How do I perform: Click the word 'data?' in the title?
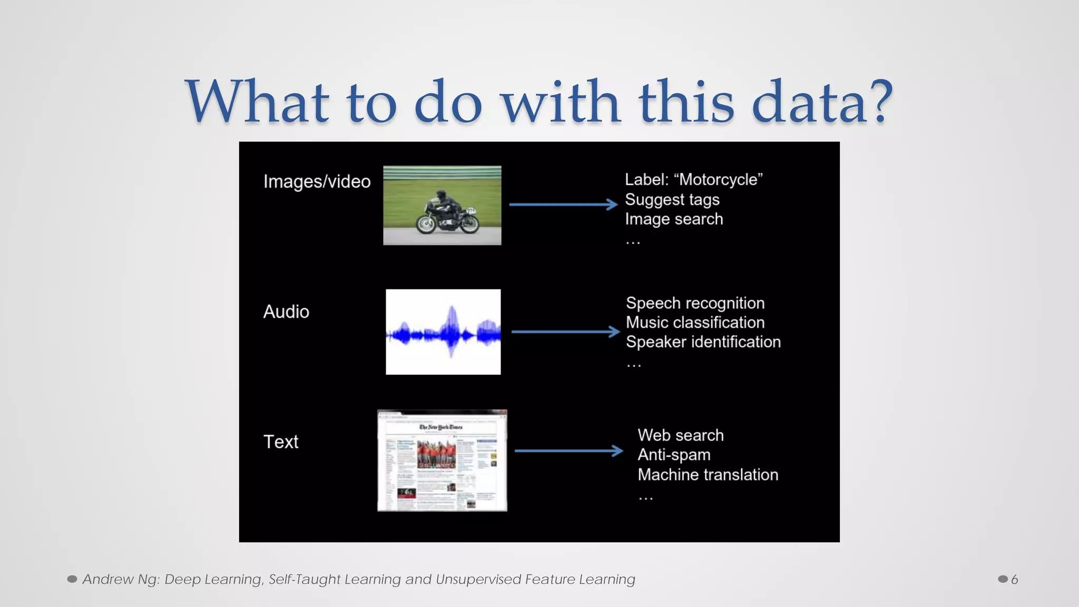click(x=822, y=101)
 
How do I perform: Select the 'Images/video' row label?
click(x=317, y=182)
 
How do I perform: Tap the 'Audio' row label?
click(x=286, y=312)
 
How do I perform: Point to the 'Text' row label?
click(x=281, y=442)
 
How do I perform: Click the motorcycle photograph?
click(x=442, y=205)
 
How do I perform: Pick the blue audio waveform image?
click(x=443, y=332)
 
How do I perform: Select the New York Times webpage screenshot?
click(x=442, y=461)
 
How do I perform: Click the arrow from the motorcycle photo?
click(x=563, y=204)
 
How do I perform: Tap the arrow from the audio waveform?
click(x=565, y=332)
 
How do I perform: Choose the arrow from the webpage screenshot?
click(x=568, y=451)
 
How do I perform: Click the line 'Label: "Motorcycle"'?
click(x=693, y=180)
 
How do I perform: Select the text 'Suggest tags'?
click(x=672, y=200)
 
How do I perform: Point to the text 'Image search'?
click(x=674, y=219)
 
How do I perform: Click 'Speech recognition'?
click(x=695, y=303)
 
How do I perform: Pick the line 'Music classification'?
click(x=695, y=322)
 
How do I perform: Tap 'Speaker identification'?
click(x=703, y=342)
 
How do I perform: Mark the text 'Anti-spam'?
click(x=674, y=455)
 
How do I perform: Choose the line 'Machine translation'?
click(x=708, y=475)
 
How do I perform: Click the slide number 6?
click(x=1014, y=580)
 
